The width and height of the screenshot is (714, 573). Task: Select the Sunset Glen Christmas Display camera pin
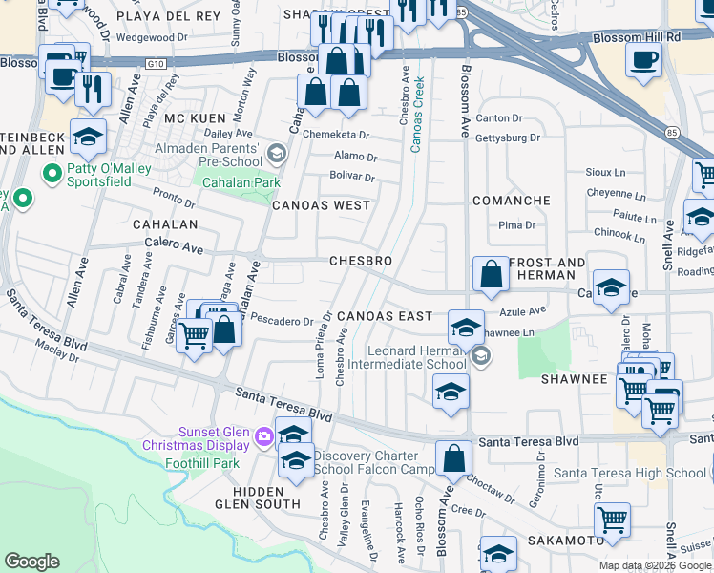[262, 437]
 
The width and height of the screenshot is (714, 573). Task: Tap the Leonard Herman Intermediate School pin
[481, 356]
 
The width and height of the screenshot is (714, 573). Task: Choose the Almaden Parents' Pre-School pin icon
[276, 153]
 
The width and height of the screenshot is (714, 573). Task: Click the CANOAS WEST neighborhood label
[321, 205]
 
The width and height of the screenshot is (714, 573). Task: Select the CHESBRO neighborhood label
[360, 261]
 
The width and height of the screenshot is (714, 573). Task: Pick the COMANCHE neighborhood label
[512, 201]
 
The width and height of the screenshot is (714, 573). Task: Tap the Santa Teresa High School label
[630, 473]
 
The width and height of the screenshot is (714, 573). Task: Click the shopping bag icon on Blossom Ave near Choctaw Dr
[454, 458]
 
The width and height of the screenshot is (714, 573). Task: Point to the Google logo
[31, 562]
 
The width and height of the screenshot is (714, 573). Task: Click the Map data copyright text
[655, 565]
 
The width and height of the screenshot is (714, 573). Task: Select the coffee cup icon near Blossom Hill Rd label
[642, 58]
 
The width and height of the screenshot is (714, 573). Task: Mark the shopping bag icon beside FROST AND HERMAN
[490, 273]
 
